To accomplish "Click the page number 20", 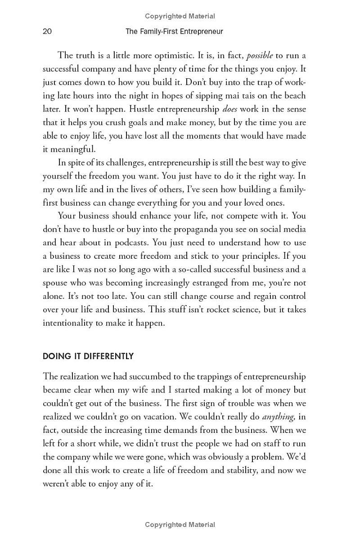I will point(47,31).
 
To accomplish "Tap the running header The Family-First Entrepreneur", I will point(174,31).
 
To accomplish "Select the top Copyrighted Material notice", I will point(180,16).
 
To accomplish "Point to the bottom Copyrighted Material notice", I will point(180,525).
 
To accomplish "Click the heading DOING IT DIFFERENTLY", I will point(88,356).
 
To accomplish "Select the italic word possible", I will point(260,55).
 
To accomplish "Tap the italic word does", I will point(230,109).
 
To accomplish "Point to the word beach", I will point(293,95).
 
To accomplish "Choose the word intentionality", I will point(69,323).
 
